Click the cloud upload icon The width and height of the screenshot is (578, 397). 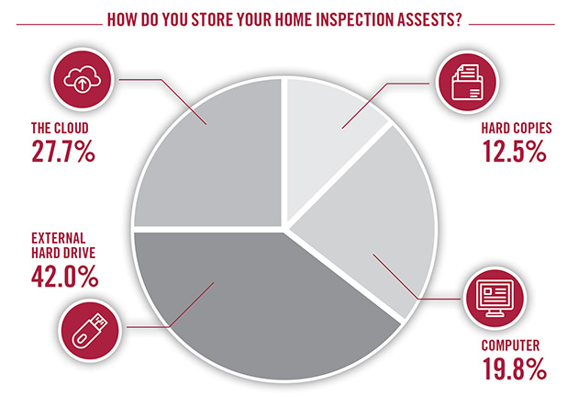82,79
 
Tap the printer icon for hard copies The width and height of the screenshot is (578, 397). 467,82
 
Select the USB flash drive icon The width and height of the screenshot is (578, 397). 90,330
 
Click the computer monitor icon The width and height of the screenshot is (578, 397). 495,299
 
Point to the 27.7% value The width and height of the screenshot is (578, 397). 63,151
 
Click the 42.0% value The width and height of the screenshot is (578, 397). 65,277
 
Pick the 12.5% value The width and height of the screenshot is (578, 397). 514,151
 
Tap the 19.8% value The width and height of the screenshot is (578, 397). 514,369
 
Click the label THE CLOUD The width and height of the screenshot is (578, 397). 60,128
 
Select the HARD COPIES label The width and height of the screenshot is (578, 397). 517,128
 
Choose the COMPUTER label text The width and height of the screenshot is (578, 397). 510,346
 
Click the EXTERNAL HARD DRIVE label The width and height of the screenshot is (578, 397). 63,245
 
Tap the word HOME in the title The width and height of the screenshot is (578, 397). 295,19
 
